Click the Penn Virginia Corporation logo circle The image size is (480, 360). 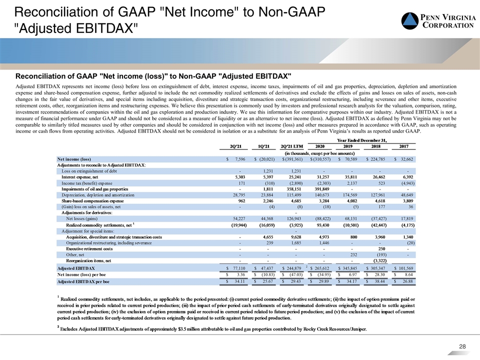(410, 21)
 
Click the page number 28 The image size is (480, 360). (462, 346)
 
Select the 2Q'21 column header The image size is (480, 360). (235, 146)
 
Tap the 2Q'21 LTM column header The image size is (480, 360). (291, 146)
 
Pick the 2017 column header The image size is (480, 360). (404, 146)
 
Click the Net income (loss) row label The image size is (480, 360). (74, 159)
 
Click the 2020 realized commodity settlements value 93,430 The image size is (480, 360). (322, 225)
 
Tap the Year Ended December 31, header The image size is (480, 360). (362, 140)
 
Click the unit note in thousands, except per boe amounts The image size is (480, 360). (319, 153)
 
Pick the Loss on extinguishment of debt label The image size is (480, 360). (89, 171)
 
